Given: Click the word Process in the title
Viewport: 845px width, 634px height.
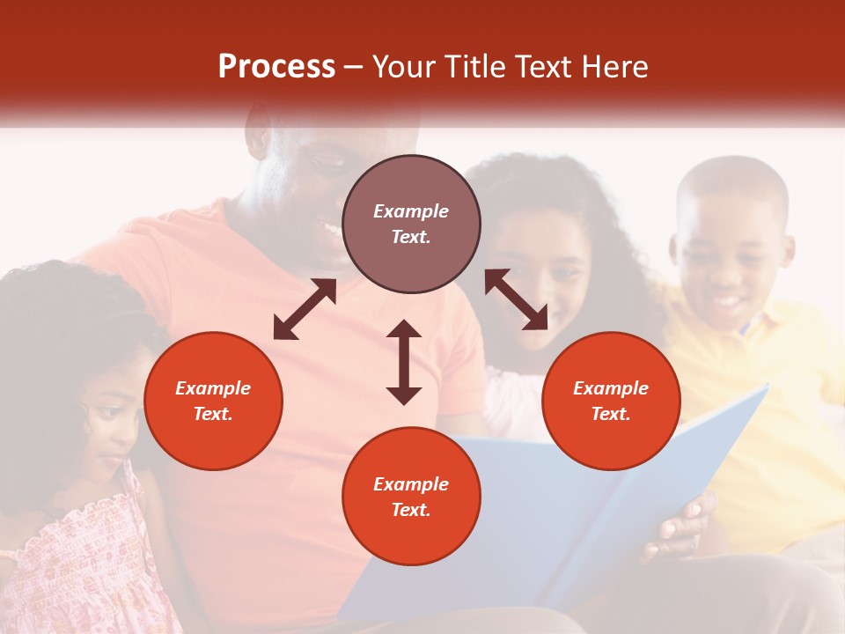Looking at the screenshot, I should (x=276, y=67).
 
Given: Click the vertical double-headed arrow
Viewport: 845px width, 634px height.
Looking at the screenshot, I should (x=404, y=362).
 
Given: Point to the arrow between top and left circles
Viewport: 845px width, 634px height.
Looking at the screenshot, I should (x=305, y=309).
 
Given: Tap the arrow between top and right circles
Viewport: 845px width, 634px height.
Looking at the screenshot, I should (x=516, y=299).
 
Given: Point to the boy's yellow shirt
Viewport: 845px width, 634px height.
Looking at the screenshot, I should (x=775, y=423).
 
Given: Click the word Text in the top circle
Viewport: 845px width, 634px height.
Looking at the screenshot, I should (x=411, y=237).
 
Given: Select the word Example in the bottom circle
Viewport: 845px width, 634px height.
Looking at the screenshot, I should (x=411, y=484).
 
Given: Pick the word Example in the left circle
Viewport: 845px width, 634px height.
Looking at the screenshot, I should (x=213, y=388).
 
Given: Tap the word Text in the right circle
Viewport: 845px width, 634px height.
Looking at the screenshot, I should (x=611, y=414).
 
